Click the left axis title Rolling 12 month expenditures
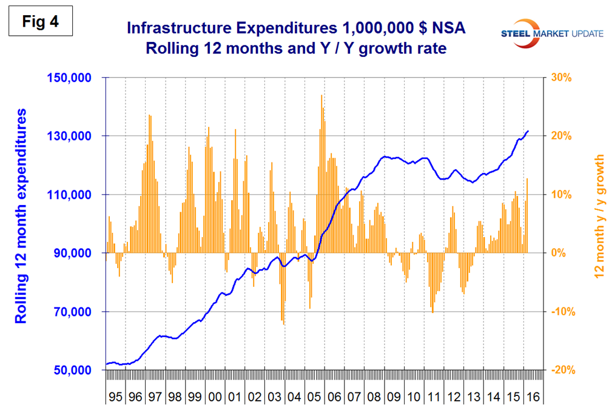tap(21, 216)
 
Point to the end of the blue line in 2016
tap(528, 130)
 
